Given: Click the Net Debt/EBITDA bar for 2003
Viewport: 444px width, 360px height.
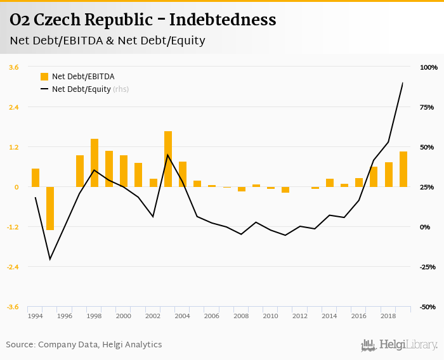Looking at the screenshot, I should (x=168, y=158).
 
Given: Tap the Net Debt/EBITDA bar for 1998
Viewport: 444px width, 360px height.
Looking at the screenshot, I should (x=95, y=162).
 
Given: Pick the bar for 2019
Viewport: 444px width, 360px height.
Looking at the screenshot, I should (x=403, y=169).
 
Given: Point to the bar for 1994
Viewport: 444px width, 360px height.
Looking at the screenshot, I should (x=36, y=177).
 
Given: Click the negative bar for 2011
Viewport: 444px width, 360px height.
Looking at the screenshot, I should (x=285, y=190).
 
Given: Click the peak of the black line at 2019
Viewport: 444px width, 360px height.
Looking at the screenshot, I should (x=403, y=83).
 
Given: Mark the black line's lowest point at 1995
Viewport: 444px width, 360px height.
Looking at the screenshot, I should (x=49, y=259).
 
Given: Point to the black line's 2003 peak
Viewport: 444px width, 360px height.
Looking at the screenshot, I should (x=167, y=155).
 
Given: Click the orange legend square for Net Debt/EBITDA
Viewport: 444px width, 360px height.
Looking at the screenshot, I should (x=44, y=77).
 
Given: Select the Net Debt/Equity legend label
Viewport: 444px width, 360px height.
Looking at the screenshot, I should (x=81, y=89).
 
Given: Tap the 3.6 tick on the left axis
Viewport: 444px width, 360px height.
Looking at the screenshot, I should (x=13, y=67).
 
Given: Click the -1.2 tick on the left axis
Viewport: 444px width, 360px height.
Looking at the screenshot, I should (x=12, y=227).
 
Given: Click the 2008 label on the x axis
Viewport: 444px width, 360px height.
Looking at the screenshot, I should (x=241, y=316).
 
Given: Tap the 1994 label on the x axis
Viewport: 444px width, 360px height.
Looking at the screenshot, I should (x=36, y=316).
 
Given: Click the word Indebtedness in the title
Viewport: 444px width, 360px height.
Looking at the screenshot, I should (x=224, y=20).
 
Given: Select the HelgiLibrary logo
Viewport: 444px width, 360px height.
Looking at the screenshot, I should (x=400, y=345).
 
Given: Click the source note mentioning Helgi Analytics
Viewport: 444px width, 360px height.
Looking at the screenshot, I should (x=84, y=345).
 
